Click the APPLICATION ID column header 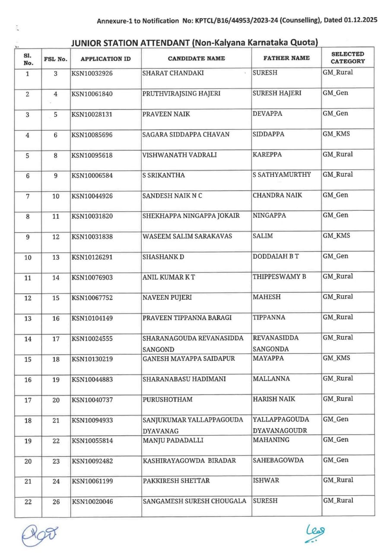coord(105,58)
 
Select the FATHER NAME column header coord(286,58)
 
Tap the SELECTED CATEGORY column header coord(348,57)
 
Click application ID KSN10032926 coord(92,73)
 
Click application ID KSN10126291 coord(92,257)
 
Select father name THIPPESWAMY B coord(279,276)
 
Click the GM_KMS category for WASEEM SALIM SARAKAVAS coord(336,236)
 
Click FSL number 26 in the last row coord(56,502)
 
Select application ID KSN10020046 coord(92,502)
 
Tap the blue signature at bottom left coord(40,534)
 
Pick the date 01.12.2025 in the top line coord(361,20)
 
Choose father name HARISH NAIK coord(274,399)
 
